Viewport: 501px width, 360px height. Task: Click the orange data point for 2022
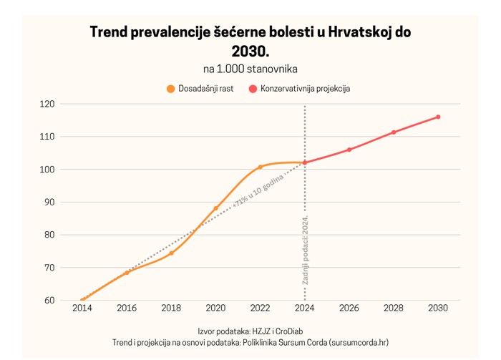[261, 167]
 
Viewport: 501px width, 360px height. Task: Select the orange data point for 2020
[215, 208]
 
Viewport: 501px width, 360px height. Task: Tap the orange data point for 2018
[171, 253]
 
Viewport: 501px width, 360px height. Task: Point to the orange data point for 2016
[127, 272]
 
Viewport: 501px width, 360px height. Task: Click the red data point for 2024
[305, 162]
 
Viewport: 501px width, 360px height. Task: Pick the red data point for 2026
[349, 150]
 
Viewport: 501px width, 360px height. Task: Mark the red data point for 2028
[394, 132]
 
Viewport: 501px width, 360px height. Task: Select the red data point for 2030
[438, 117]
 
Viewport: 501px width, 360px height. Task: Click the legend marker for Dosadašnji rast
[170, 89]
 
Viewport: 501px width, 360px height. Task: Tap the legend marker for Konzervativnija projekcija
[253, 89]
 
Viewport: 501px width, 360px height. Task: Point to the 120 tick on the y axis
[47, 104]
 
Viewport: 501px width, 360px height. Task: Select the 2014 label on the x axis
[82, 308]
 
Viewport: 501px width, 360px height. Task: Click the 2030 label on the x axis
[438, 308]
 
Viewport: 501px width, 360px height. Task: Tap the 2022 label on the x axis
[261, 308]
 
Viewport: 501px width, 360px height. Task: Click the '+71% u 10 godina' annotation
[258, 190]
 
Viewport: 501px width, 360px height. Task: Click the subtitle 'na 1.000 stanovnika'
[250, 69]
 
